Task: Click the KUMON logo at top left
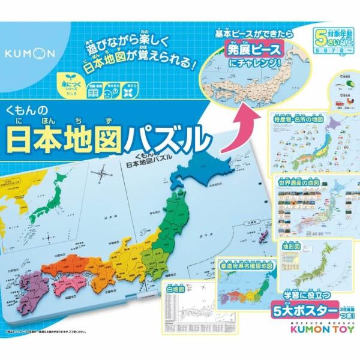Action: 30,53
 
